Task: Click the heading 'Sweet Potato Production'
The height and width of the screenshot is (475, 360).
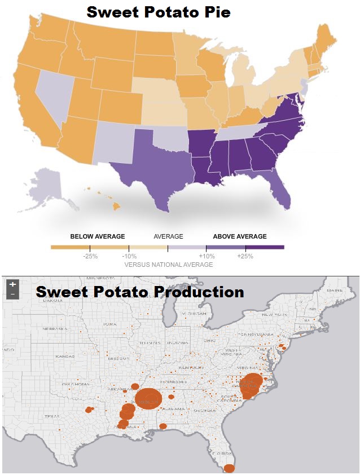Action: coord(140,292)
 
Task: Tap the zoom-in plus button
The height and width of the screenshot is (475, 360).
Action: coord(12,284)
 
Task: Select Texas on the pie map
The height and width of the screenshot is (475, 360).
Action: coord(152,169)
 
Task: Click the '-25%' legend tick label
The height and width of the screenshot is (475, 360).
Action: coord(90,257)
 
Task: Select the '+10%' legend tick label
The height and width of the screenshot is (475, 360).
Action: coord(207,257)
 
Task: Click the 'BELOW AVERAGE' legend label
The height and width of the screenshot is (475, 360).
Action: coord(98,236)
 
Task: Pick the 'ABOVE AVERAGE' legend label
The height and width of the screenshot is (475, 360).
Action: coord(240,236)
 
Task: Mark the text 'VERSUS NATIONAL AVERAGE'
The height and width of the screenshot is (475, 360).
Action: coord(168,265)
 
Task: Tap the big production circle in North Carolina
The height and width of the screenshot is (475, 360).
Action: coord(251,385)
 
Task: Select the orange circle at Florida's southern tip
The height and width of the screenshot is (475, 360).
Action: coord(230,468)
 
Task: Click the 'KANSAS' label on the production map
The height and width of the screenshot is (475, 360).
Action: coord(64,357)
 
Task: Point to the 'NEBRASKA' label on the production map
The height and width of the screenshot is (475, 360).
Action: coord(56,328)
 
